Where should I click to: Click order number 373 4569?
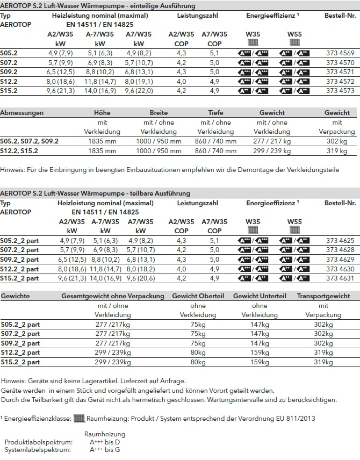point(340,53)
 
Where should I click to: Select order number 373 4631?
point(340,278)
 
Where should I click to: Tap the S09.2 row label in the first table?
point(10,71)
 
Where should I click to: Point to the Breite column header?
point(159,113)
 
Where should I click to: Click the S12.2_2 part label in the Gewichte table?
point(20,353)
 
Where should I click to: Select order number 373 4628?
point(340,250)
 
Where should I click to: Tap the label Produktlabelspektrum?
point(38,442)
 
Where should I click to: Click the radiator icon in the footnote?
point(79,418)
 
